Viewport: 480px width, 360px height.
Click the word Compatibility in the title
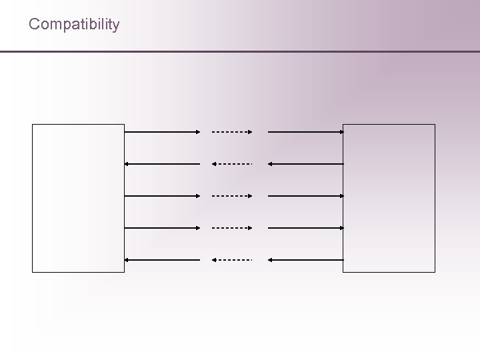(x=74, y=25)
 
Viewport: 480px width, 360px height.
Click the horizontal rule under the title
(x=240, y=51)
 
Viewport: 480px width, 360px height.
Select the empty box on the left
(x=79, y=198)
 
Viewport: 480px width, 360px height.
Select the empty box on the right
(x=389, y=198)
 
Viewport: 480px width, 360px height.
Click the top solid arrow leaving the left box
(x=162, y=132)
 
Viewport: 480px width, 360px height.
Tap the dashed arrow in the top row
(x=232, y=132)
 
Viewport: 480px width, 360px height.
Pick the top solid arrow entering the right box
(x=305, y=132)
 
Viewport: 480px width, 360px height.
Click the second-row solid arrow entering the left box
(x=162, y=164)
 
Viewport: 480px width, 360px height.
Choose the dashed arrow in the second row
(x=232, y=164)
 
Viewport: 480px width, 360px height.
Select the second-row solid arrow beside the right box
(x=305, y=164)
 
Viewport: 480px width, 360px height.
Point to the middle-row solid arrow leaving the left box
(x=162, y=196)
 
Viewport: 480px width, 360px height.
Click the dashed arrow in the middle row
(x=232, y=196)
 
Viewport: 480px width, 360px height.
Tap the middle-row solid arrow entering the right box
(x=305, y=196)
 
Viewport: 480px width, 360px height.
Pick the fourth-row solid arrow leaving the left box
(x=162, y=228)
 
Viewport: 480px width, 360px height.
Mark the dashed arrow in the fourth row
(x=232, y=228)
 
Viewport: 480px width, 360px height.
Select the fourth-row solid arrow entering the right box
(x=305, y=228)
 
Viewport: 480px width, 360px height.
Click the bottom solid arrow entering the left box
(x=162, y=259)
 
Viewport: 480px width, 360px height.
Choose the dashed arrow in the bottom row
(x=232, y=259)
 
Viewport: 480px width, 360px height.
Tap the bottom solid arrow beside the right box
(x=305, y=259)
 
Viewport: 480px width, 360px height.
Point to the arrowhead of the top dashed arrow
(x=250, y=132)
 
